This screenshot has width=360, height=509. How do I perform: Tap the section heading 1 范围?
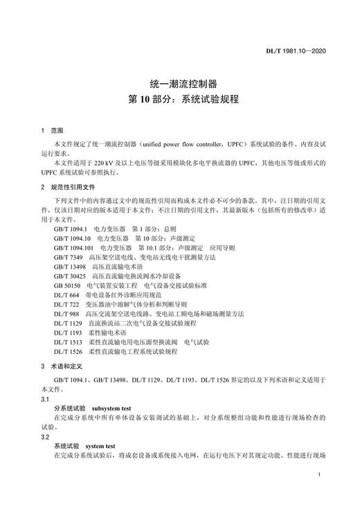[x=52, y=130]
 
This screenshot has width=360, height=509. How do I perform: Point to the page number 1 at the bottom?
[x=317, y=475]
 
